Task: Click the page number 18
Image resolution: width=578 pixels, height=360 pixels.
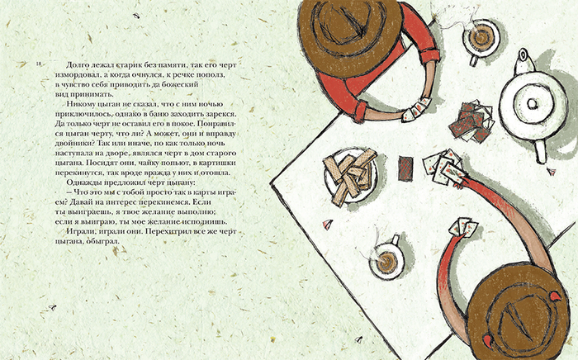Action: (x=39, y=64)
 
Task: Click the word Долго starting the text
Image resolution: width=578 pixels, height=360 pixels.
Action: (x=78, y=65)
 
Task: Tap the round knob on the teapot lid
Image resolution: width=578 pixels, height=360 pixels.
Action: (x=533, y=104)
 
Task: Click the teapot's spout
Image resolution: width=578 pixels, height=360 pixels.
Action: (x=540, y=152)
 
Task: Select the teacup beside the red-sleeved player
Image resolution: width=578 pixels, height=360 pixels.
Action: (x=480, y=40)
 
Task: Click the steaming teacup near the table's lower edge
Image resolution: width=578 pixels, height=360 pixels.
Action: (x=386, y=259)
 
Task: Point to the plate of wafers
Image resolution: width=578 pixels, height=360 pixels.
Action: (x=350, y=175)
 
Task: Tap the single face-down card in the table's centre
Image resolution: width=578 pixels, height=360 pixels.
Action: (x=406, y=168)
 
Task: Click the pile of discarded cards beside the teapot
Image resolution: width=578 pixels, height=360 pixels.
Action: (x=471, y=121)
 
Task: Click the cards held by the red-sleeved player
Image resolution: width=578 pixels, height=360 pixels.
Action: (x=416, y=110)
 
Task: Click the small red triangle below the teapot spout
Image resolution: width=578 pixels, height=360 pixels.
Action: (x=552, y=171)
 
